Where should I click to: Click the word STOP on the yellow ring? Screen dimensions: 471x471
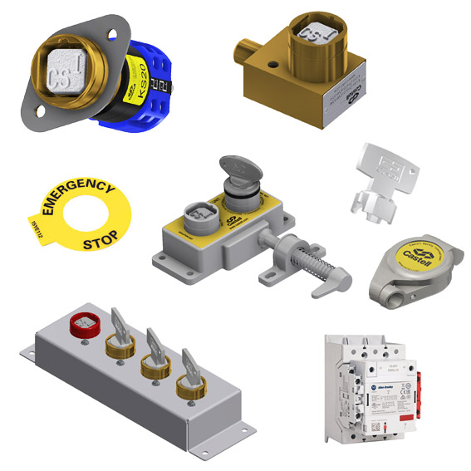click(101, 243)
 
